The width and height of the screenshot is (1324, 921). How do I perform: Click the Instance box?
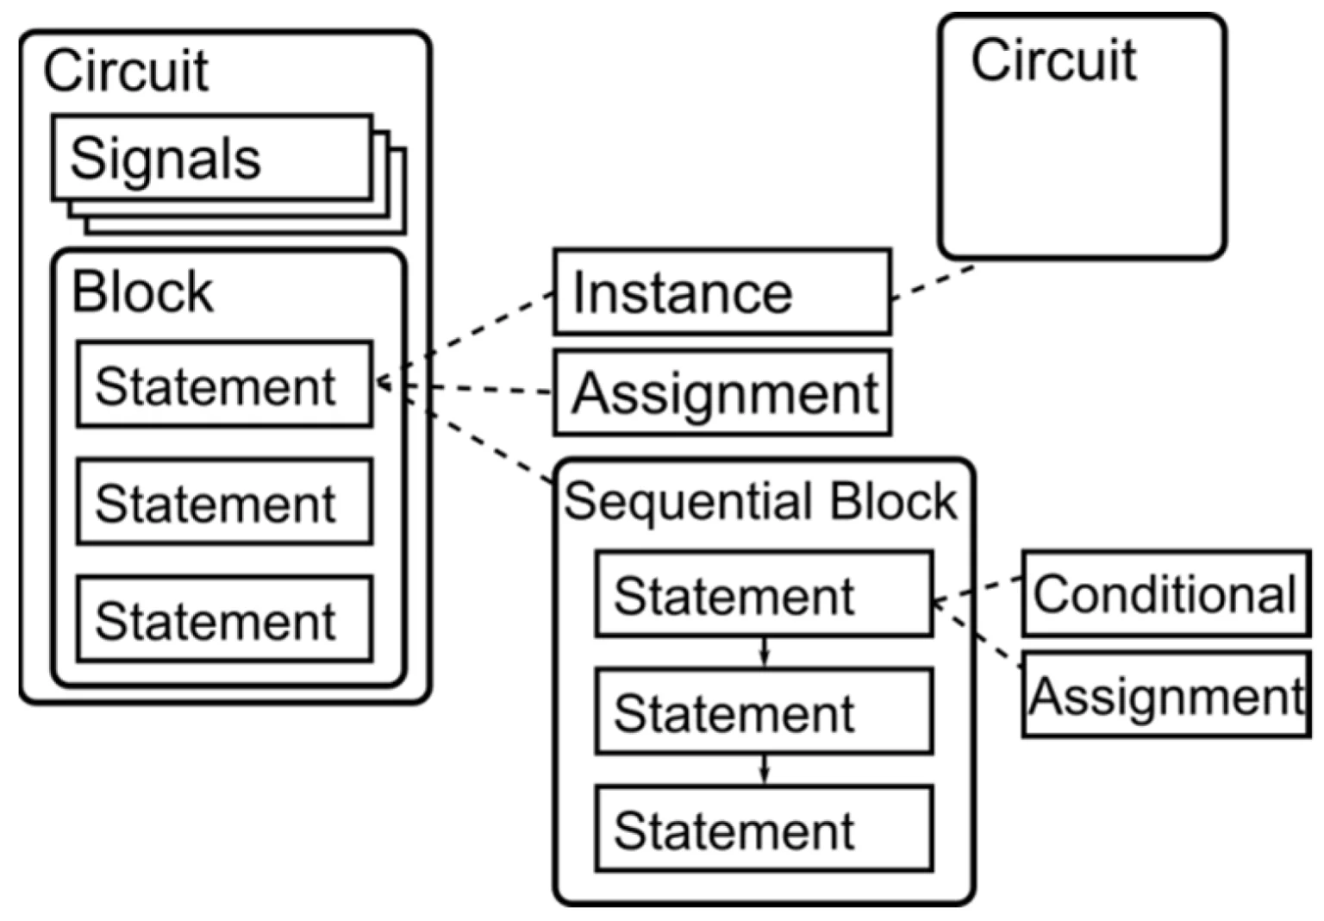click(722, 292)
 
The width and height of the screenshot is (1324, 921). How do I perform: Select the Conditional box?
click(1166, 593)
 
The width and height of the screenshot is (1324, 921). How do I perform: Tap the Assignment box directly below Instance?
click(722, 393)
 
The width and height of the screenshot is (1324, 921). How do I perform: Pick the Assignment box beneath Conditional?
click(1166, 694)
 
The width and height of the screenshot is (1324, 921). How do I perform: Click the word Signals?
click(165, 159)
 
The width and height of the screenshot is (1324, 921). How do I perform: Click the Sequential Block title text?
click(761, 501)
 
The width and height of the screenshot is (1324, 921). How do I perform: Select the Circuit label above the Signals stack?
click(126, 71)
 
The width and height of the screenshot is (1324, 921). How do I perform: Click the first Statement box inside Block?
click(225, 384)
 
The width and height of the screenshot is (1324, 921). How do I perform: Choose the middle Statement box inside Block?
click(225, 501)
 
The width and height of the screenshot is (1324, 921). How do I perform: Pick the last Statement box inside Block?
click(225, 618)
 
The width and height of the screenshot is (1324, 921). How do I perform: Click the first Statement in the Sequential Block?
click(765, 593)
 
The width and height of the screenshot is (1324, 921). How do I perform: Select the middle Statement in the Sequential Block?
click(765, 711)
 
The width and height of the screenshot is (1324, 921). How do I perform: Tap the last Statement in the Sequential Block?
click(765, 828)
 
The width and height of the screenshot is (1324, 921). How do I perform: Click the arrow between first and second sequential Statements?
click(765, 652)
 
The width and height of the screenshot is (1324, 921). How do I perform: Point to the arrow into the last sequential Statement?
click(765, 770)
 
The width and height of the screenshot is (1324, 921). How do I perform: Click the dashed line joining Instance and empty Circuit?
click(933, 283)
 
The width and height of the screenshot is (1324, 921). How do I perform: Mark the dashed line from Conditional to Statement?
click(977, 589)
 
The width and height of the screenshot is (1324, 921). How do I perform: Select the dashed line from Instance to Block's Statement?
click(465, 337)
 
